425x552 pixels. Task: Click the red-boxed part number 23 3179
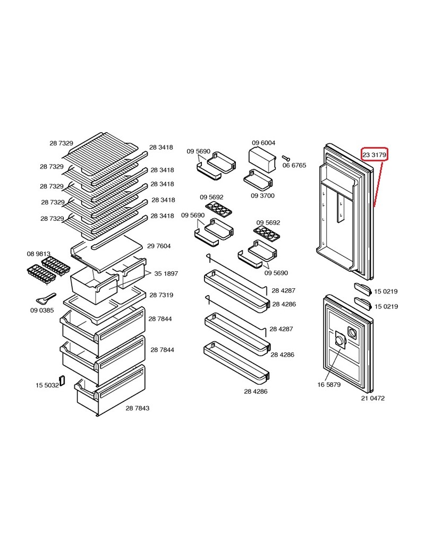pyautogui.click(x=375, y=154)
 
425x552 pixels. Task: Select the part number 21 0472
pyautogui.click(x=373, y=398)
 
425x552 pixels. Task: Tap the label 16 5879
pyautogui.click(x=329, y=384)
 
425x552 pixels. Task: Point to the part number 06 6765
pyautogui.click(x=294, y=166)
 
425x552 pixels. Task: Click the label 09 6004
pyautogui.click(x=263, y=143)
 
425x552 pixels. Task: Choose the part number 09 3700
pyautogui.click(x=263, y=196)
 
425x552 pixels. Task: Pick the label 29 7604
pyautogui.click(x=159, y=246)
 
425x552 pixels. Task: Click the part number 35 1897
pyautogui.click(x=166, y=273)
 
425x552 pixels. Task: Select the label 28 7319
pyautogui.click(x=161, y=295)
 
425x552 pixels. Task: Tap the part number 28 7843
pyautogui.click(x=138, y=408)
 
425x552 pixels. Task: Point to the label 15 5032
pyautogui.click(x=47, y=385)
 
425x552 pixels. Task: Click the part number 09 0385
pyautogui.click(x=42, y=310)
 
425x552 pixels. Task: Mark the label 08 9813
pyautogui.click(x=39, y=254)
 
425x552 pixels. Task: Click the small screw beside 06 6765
pyautogui.click(x=286, y=157)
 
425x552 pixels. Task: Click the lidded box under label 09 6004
pyautogui.click(x=262, y=158)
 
